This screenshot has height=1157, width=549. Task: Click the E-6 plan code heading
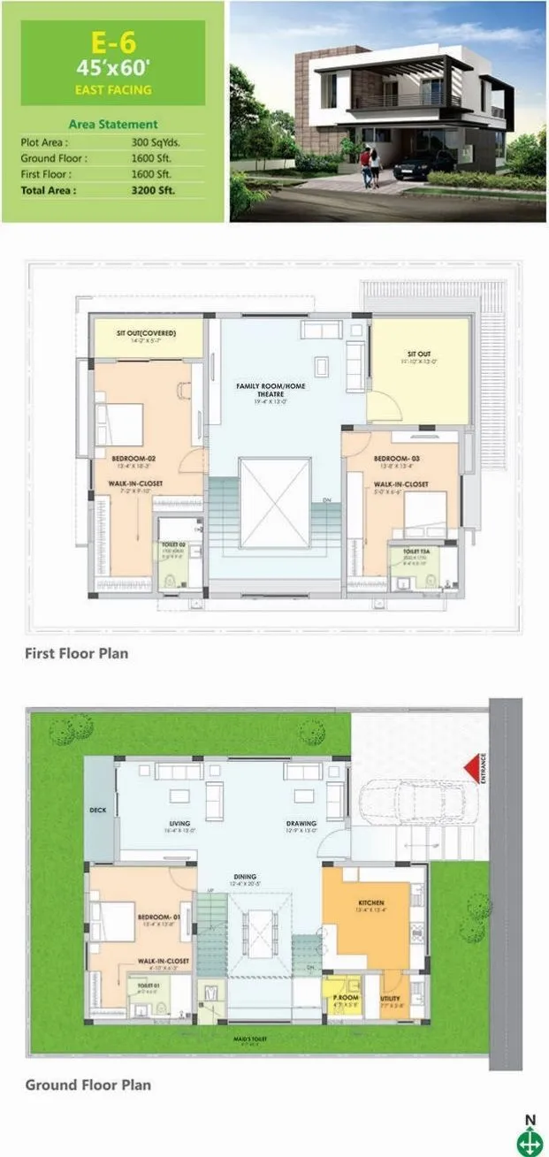click(x=111, y=41)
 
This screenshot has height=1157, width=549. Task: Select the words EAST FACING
click(x=111, y=89)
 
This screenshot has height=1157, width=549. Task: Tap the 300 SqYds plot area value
click(x=151, y=141)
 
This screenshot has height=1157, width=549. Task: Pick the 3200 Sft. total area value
click(x=150, y=189)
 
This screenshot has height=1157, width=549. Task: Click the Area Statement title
click(x=112, y=125)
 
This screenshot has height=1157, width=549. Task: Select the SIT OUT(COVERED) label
click(x=147, y=333)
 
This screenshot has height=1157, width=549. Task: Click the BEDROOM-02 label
click(x=133, y=459)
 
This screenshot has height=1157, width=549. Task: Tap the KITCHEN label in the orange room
click(x=370, y=903)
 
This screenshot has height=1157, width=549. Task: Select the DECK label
click(x=98, y=809)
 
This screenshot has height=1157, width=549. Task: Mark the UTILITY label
click(x=390, y=998)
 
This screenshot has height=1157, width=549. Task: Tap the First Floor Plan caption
click(x=76, y=654)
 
